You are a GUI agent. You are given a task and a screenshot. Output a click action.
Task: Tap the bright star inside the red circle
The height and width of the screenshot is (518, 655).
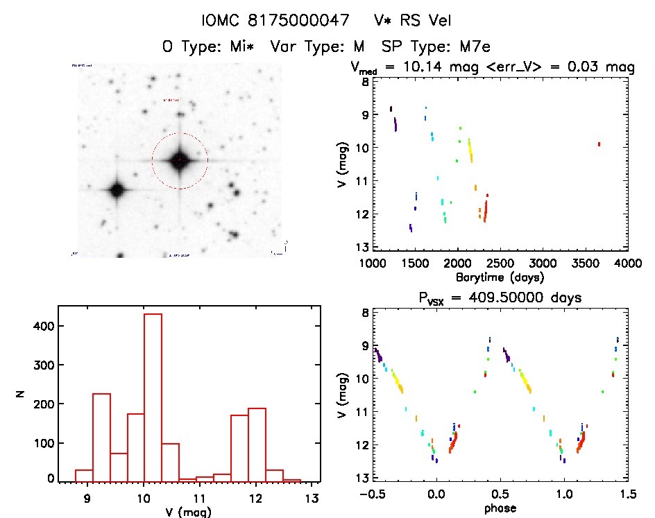click(x=179, y=160)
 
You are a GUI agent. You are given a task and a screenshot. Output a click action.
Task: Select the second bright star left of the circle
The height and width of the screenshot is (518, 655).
click(x=117, y=189)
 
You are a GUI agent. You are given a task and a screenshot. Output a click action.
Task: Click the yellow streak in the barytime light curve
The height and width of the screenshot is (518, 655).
click(x=470, y=150)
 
